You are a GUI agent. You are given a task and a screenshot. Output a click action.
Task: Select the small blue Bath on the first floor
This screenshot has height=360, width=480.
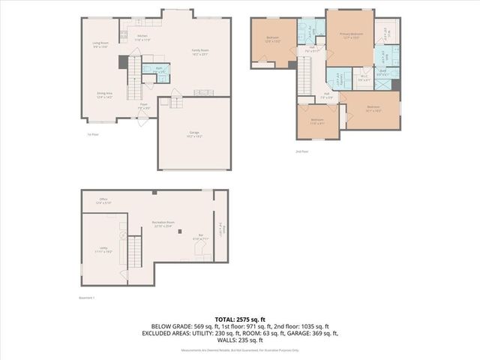(x=159, y=70)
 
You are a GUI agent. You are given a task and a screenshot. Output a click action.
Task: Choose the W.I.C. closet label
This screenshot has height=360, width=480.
(x=364, y=76)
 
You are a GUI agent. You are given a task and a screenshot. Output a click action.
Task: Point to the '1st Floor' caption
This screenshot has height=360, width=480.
(x=93, y=134)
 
